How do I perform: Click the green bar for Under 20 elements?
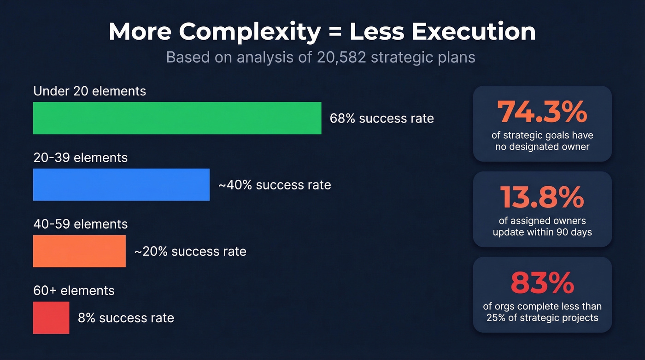pos(177,118)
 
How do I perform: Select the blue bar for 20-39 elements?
pos(121,184)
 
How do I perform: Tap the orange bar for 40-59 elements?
pos(79,251)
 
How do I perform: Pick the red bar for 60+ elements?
pos(51,318)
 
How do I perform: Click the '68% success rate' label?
pos(381,118)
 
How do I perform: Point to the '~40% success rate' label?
pos(275,185)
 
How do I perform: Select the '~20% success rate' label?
pos(190,251)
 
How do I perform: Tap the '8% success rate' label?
pos(126,318)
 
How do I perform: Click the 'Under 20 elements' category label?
pos(89,91)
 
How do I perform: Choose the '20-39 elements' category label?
pos(80,158)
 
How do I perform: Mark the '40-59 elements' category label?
pos(80,224)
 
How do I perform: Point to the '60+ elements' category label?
pos(74,290)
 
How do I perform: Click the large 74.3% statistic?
pos(542,112)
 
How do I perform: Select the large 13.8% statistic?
pos(542,197)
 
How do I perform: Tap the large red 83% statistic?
pos(542,283)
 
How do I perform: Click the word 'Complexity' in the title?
pos(250,32)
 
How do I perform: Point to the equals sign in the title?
pos(335,32)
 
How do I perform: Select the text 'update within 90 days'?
pos(542,232)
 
